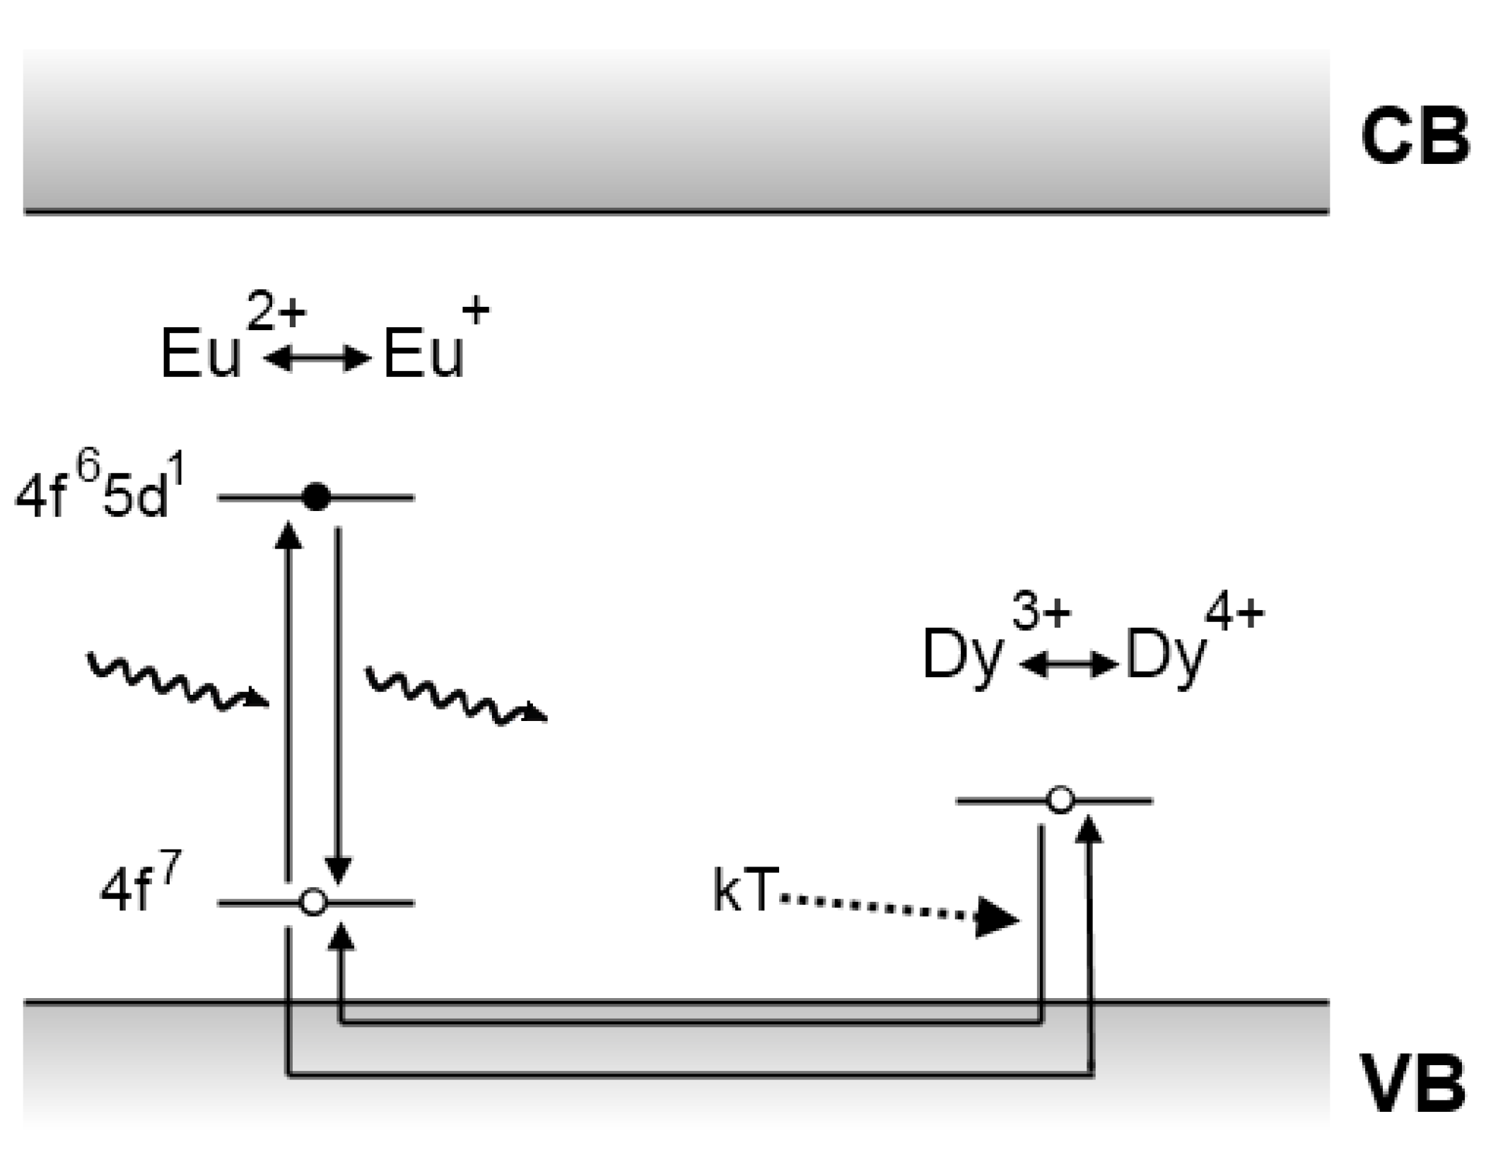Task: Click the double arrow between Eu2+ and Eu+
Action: coord(316,359)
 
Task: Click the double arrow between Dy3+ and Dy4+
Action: coord(1068,664)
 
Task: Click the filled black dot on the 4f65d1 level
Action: coord(315,497)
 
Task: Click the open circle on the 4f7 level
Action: coord(313,903)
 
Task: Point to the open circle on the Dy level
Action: coord(1060,800)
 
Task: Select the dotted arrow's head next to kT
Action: coord(997,918)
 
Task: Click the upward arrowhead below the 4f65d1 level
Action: coord(287,534)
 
